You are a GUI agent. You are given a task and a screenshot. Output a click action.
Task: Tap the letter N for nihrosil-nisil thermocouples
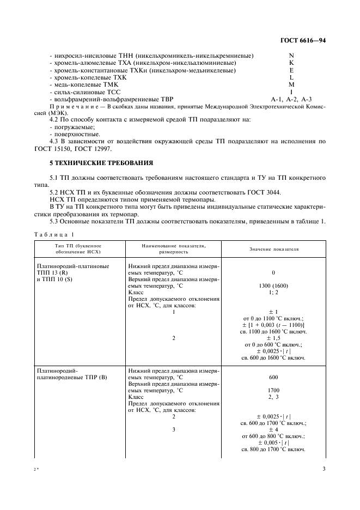tap(291, 56)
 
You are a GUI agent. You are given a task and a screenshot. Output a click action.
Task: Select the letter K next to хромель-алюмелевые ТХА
tap(291, 63)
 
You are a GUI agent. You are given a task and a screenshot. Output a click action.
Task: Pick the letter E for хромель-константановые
tap(291, 70)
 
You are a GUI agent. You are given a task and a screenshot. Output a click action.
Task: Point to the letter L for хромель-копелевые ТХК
tap(291, 77)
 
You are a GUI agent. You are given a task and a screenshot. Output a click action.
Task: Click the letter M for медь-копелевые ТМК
tap(291, 84)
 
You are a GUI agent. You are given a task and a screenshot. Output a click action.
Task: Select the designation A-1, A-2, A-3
tap(291, 99)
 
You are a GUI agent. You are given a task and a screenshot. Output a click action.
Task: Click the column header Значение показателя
tap(274, 249)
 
